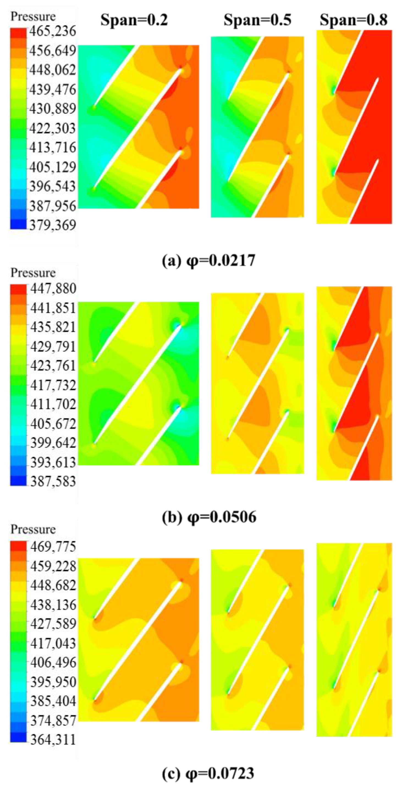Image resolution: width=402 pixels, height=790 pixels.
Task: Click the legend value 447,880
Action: click(x=53, y=288)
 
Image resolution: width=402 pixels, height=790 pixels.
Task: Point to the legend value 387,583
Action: click(x=53, y=481)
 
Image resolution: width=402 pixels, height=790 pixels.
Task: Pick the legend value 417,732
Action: click(x=53, y=385)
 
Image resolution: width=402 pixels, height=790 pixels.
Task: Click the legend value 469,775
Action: click(x=53, y=546)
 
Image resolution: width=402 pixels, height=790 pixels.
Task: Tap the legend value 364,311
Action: click(x=53, y=739)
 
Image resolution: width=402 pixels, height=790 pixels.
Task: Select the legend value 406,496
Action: click(x=53, y=663)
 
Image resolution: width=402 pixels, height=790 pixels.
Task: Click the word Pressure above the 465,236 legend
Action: click(x=33, y=16)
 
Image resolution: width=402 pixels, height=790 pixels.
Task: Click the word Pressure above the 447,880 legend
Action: click(x=33, y=273)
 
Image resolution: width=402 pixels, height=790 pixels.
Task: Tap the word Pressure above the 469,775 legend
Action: click(x=33, y=529)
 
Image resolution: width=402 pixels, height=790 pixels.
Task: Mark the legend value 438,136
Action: click(x=53, y=604)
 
